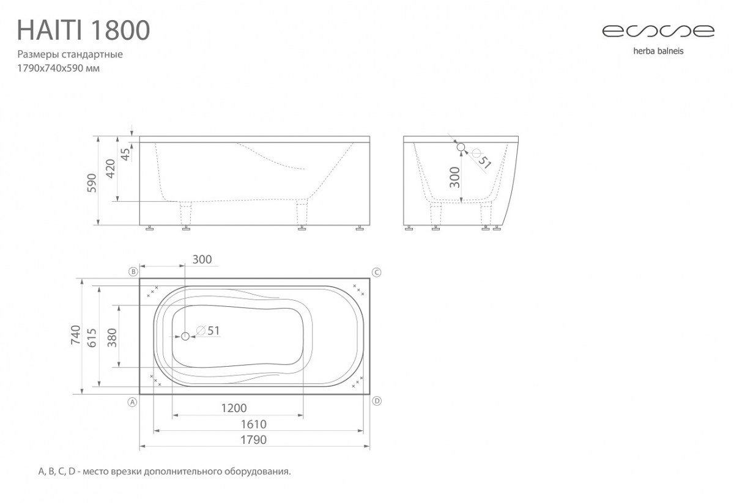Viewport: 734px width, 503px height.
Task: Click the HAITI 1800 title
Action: click(x=84, y=30)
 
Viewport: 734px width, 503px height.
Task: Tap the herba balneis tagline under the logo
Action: click(x=658, y=51)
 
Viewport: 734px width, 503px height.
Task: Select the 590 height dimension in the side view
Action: click(x=92, y=183)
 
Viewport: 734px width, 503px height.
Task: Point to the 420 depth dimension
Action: click(x=111, y=169)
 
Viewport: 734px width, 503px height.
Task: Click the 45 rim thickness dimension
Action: click(x=125, y=155)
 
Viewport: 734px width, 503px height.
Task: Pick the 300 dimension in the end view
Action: click(x=454, y=177)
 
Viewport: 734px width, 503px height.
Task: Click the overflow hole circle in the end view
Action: click(x=461, y=147)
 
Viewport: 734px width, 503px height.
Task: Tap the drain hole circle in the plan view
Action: click(x=185, y=336)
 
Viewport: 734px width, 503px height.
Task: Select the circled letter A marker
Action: click(x=132, y=402)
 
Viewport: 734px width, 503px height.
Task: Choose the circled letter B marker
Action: click(x=133, y=272)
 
